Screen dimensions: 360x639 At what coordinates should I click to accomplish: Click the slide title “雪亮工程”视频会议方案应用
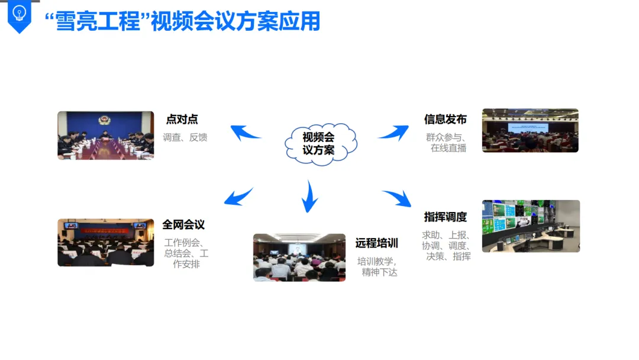coord(182,21)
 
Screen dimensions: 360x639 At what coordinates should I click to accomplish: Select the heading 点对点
coord(182,120)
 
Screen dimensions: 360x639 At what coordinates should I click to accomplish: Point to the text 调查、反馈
coord(185,137)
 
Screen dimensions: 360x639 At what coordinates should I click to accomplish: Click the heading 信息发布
coord(445,120)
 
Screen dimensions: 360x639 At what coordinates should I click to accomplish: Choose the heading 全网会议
coord(183,225)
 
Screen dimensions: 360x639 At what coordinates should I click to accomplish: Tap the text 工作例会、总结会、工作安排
coord(186,253)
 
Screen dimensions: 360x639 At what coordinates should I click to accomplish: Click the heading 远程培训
coord(376,243)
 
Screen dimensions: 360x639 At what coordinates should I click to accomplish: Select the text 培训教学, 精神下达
coord(377,266)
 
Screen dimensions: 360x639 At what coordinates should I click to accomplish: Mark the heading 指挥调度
coord(445,217)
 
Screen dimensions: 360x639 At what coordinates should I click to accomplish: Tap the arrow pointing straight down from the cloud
coord(309,197)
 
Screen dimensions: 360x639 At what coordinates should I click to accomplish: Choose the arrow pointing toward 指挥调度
coord(397,198)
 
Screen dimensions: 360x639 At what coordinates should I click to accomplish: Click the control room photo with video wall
coord(531,226)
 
